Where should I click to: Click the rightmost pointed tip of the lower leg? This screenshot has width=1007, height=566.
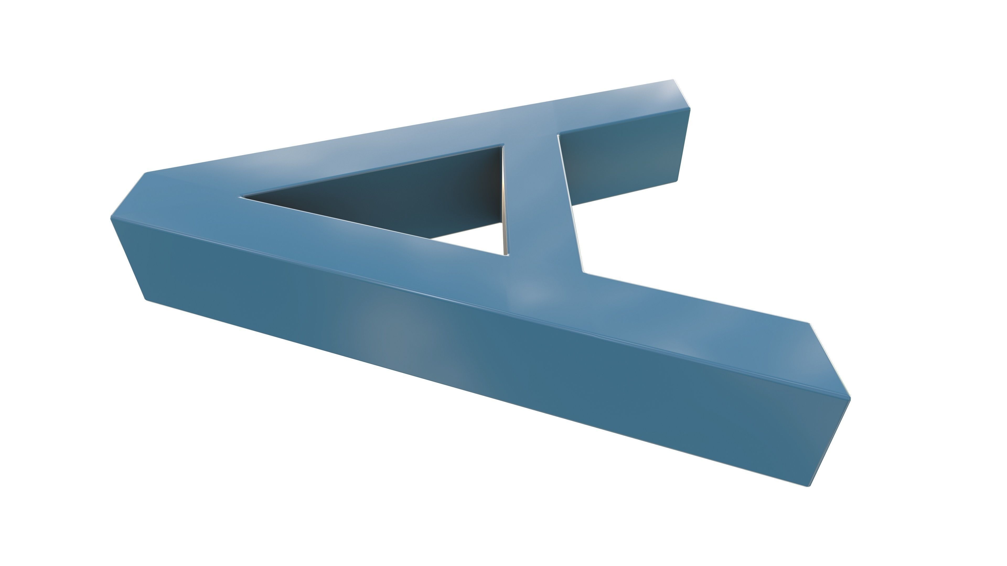[850, 398]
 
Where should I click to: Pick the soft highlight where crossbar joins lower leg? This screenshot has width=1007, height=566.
[532, 293]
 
